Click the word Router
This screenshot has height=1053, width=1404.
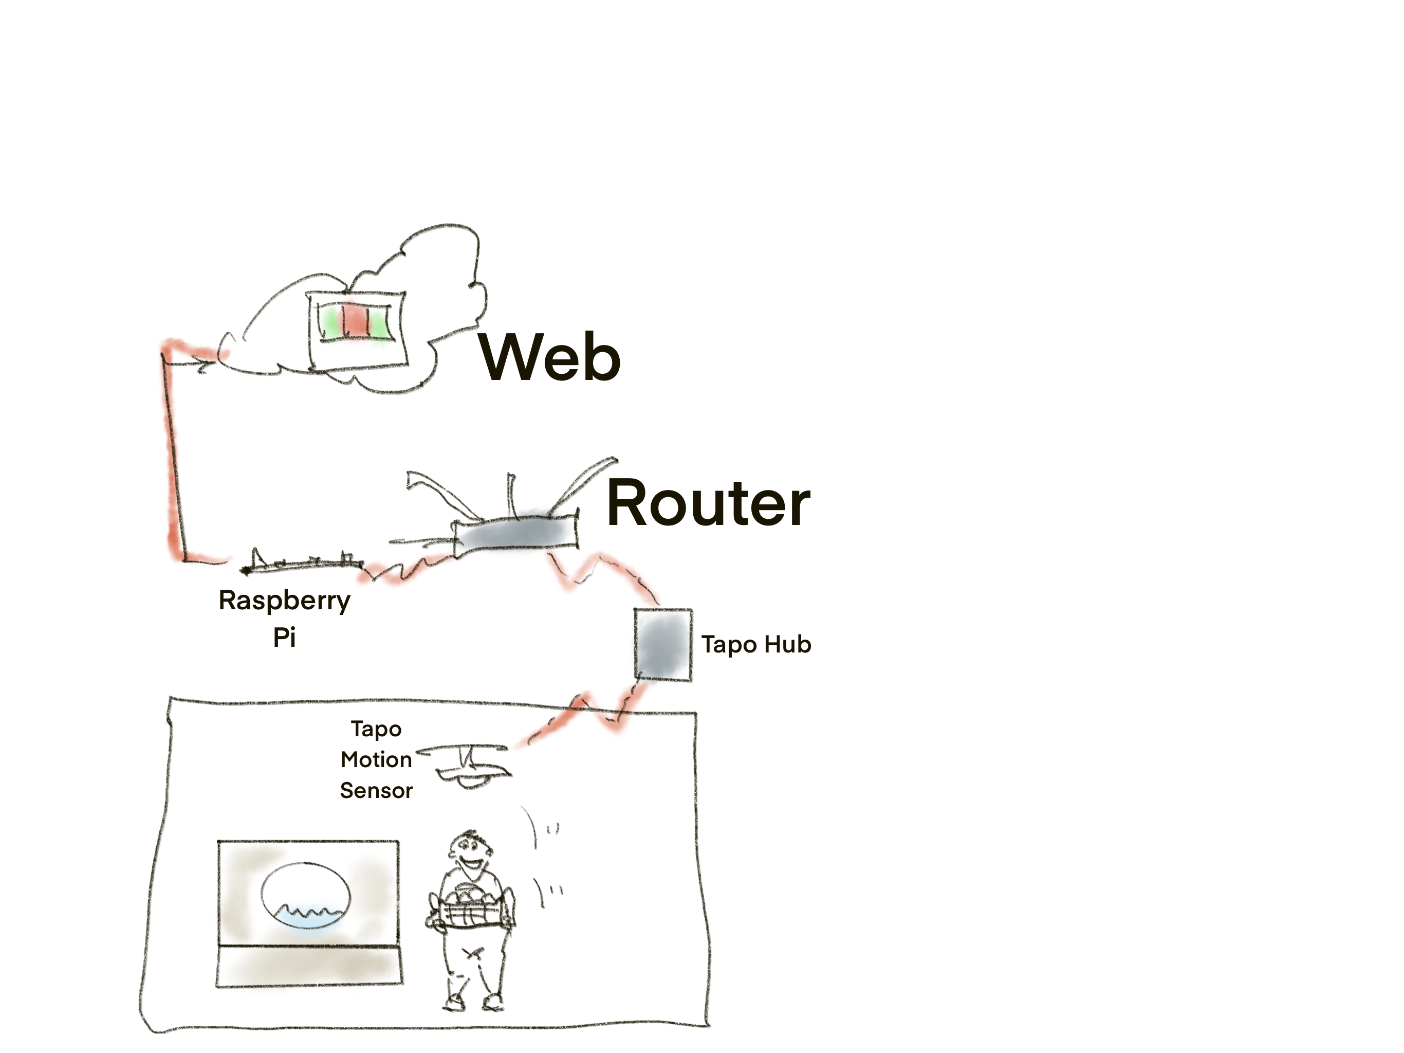(708, 504)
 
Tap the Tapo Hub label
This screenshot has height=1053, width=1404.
(755, 645)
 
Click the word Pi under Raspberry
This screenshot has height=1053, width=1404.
(284, 637)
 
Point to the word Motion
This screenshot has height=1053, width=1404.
(376, 759)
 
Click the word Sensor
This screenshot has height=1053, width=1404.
(376, 791)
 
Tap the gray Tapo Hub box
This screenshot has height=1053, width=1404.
(662, 645)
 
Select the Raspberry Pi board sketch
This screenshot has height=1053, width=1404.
(302, 562)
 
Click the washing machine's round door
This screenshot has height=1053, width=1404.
(305, 896)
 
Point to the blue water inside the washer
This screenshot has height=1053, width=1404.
(308, 918)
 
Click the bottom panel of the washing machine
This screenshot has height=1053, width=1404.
(309, 966)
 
